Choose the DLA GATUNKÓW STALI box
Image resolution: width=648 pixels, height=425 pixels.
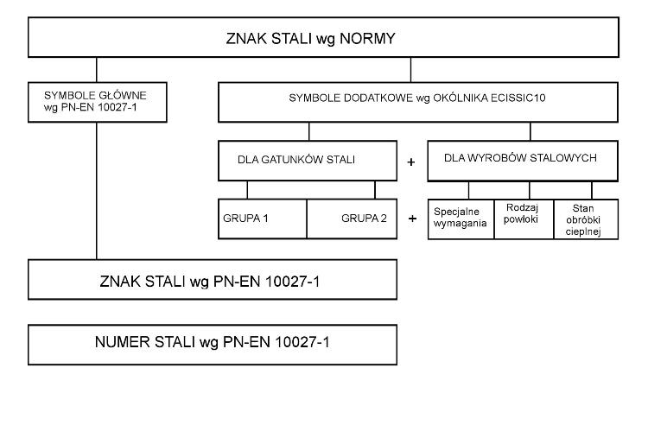[309, 160]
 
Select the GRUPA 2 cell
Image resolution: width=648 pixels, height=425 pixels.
[359, 218]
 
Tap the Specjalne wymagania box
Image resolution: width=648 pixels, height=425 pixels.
[461, 218]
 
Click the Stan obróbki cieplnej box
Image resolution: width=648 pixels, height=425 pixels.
[584, 218]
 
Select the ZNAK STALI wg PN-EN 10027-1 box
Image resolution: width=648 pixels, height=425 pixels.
[213, 281]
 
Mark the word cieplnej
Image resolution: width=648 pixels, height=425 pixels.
[584, 232]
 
